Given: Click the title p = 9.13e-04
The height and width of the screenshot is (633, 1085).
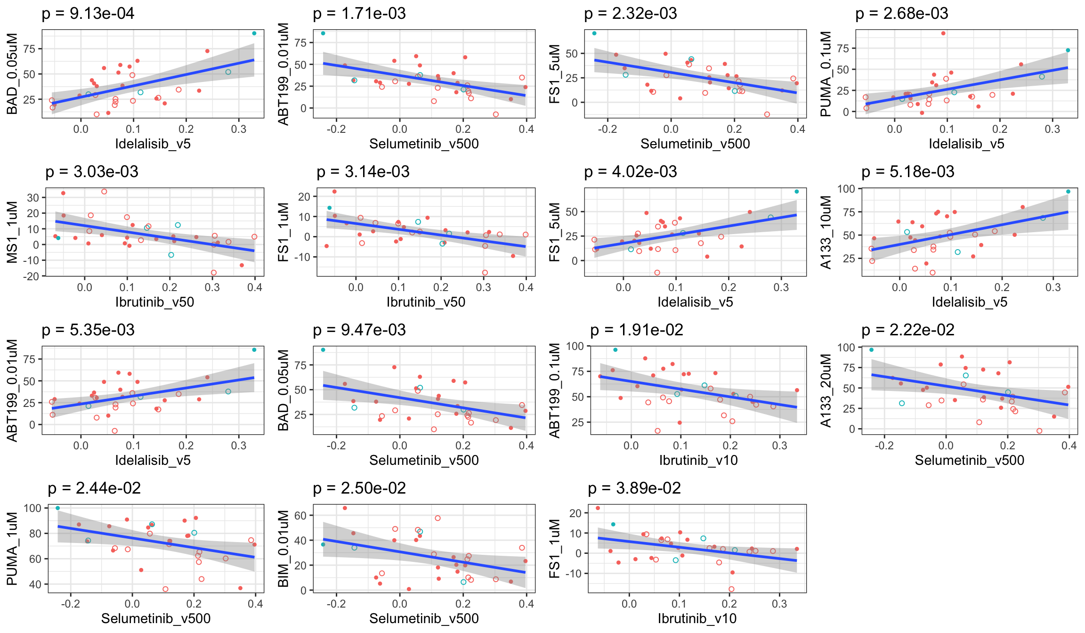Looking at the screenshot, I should tap(88, 14).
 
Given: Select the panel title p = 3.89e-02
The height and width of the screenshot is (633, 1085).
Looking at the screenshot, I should tap(634, 488).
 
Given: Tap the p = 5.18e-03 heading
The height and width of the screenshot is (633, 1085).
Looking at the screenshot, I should tap(907, 172).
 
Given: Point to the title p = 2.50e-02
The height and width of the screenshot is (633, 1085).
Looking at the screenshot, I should tap(359, 488).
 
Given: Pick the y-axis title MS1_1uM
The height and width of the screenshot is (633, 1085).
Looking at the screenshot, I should tap(13, 232).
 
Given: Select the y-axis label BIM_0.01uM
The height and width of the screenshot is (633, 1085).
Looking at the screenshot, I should tap(283, 549).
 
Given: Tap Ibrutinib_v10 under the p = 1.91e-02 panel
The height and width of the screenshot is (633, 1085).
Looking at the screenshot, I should tap(698, 460).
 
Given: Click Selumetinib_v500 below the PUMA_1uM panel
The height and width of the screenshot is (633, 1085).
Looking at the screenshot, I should tap(156, 618).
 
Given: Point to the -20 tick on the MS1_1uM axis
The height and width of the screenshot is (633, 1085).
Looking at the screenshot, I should tap(32, 276).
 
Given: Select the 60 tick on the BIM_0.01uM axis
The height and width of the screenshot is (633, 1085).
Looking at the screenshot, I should tap(300, 516).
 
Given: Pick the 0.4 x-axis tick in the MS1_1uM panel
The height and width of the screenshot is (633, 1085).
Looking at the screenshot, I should tap(255, 287).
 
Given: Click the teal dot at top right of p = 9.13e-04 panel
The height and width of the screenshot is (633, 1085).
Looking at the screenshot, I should tap(254, 33).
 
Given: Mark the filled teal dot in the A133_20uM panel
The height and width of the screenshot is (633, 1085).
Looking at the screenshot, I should tap(871, 350).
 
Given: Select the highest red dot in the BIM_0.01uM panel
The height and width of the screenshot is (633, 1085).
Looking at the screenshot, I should tap(345, 508).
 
